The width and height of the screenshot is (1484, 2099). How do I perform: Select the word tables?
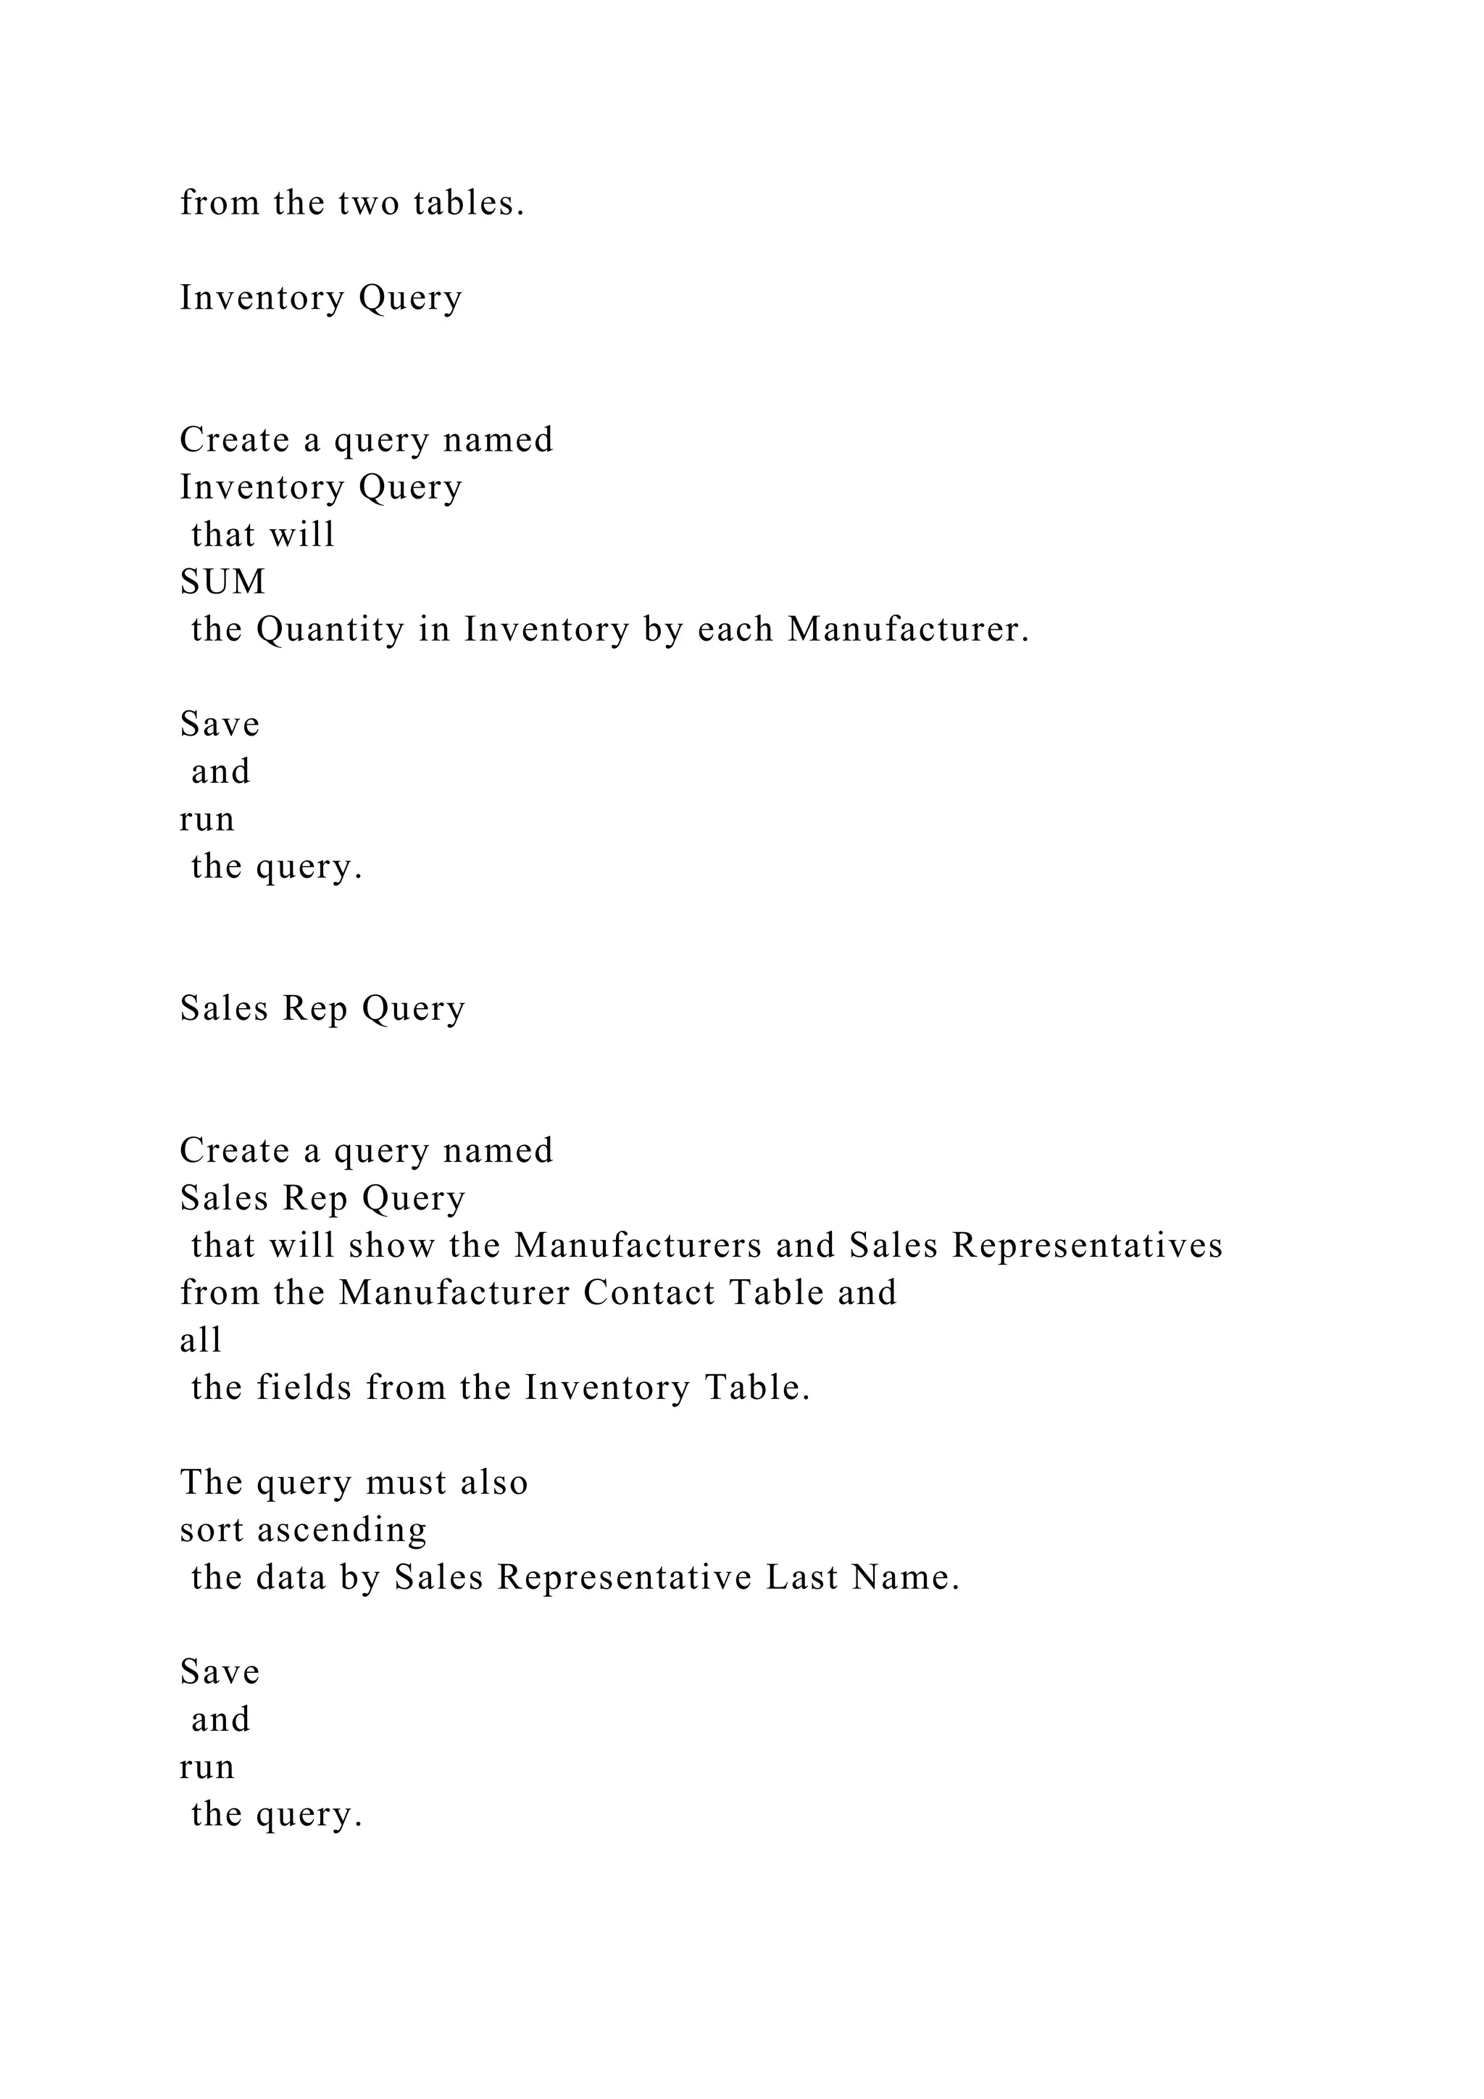pyautogui.click(x=469, y=203)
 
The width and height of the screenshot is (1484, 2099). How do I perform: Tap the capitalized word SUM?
pyautogui.click(x=223, y=581)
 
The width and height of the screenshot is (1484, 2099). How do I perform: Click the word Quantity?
pyautogui.click(x=330, y=630)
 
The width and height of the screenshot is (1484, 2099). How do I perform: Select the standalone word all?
pyautogui.click(x=201, y=1340)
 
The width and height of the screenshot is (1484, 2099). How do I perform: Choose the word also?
pyautogui.click(x=494, y=1483)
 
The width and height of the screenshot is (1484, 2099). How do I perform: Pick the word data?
pyautogui.click(x=291, y=1578)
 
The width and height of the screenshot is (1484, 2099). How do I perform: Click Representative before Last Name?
pyautogui.click(x=624, y=1579)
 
